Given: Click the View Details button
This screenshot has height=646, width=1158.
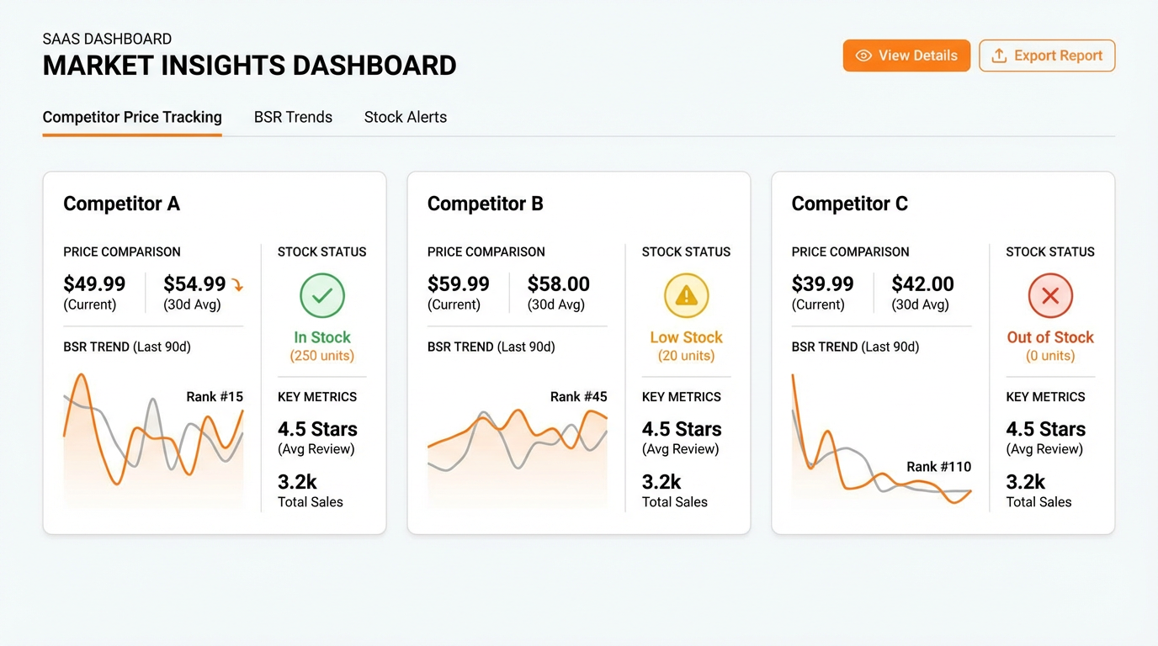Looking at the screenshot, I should (x=906, y=56).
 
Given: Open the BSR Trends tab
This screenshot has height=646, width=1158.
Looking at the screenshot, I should (x=293, y=117).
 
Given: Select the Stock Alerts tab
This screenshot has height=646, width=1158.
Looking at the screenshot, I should (x=405, y=117).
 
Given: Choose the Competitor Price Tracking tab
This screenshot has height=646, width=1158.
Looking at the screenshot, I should (x=132, y=117).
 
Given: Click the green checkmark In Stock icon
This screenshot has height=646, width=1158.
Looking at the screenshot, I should (x=322, y=295).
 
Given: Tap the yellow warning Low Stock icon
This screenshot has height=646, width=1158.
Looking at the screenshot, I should (x=686, y=295).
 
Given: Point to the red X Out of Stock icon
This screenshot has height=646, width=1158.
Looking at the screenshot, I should (x=1050, y=295).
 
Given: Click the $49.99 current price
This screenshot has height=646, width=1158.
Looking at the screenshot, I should (x=94, y=284).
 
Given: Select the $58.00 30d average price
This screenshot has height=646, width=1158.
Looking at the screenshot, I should (x=558, y=284).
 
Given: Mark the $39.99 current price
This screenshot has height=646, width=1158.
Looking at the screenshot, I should (x=822, y=284).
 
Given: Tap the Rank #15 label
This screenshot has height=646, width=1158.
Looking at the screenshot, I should (x=215, y=396).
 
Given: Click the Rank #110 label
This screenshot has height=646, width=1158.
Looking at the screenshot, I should (x=938, y=466).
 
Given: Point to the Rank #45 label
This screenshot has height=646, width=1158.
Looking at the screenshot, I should (x=578, y=396).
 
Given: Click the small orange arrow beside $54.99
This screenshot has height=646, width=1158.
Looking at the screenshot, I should (x=237, y=286).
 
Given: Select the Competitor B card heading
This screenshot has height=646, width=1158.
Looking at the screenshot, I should (x=485, y=204).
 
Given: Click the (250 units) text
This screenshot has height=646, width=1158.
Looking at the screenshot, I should (x=322, y=356).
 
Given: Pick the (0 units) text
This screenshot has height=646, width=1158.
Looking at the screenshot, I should (x=1050, y=356).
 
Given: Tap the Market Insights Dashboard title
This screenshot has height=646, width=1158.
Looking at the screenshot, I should (x=249, y=66).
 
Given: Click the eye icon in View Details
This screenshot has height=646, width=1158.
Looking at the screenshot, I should (x=863, y=56).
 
